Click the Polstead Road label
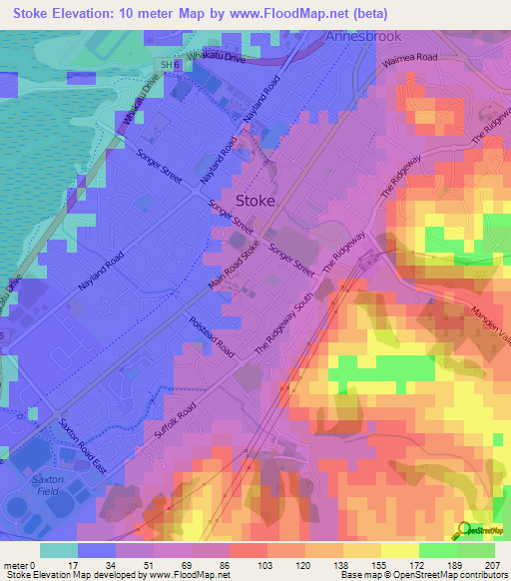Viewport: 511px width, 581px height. click(x=211, y=338)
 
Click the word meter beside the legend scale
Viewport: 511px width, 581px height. click(x=17, y=564)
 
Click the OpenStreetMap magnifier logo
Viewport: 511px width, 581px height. click(x=463, y=530)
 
